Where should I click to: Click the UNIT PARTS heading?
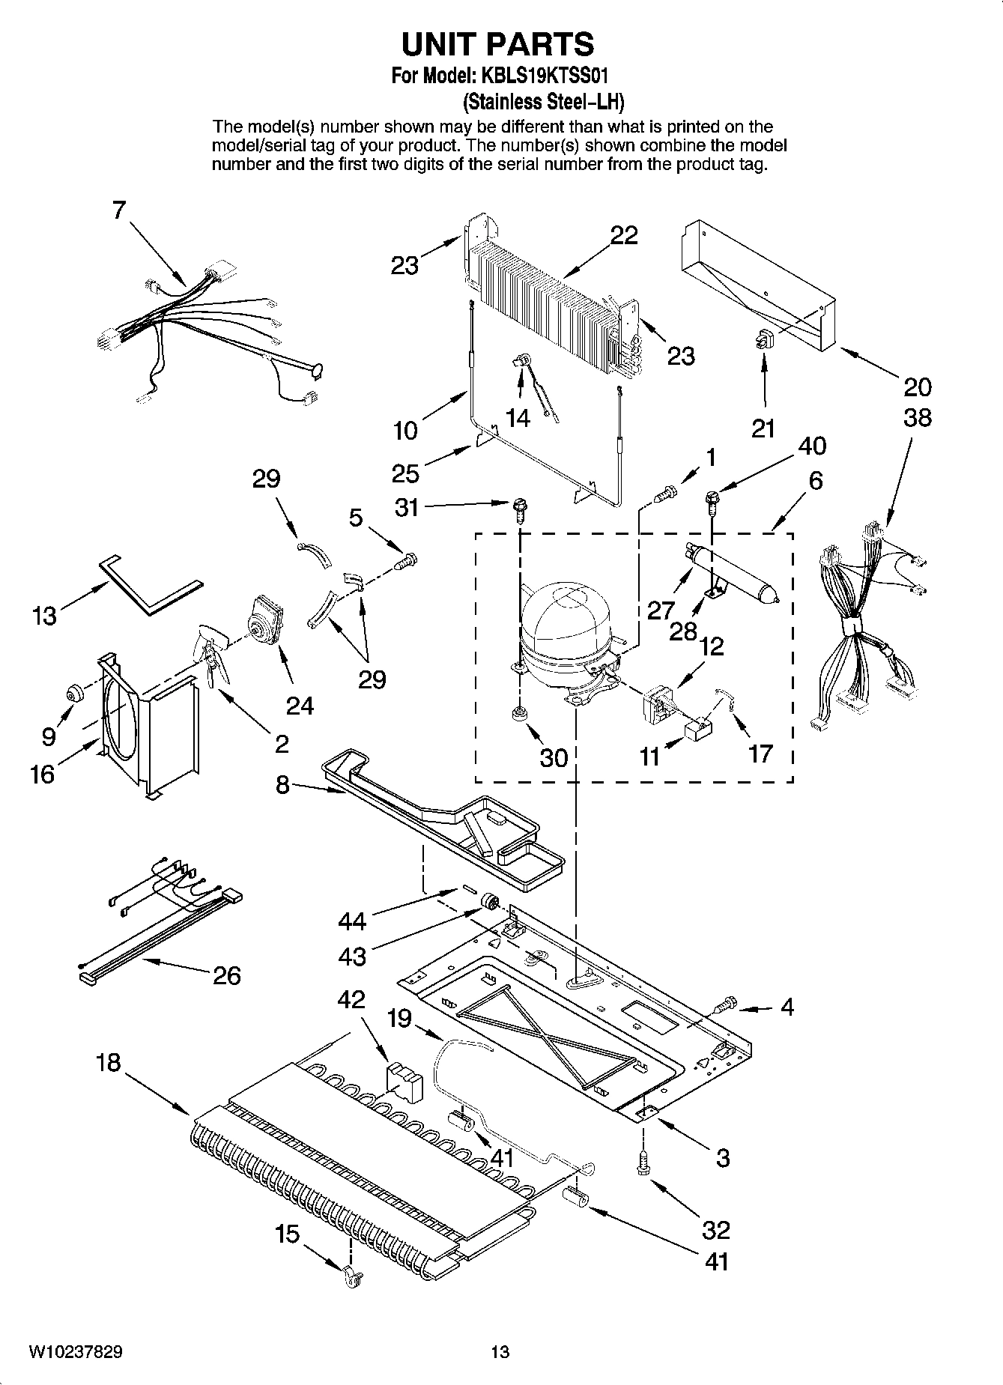coord(497,45)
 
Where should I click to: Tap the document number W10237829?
coord(76,1351)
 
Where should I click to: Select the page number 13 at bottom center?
coord(500,1351)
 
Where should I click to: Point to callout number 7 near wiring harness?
coord(119,210)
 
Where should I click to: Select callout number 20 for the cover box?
coord(917,387)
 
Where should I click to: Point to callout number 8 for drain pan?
coord(282,787)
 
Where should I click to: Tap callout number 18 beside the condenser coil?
coord(109,1062)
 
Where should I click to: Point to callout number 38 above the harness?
coord(917,417)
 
